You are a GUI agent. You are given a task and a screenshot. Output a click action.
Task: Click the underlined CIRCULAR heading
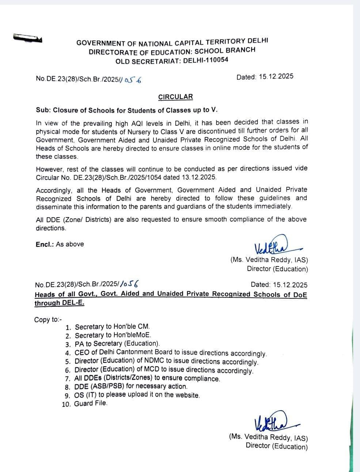(175, 97)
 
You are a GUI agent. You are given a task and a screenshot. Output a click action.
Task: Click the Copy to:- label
(48, 320)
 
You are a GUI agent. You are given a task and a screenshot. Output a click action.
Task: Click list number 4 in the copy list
(68, 353)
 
